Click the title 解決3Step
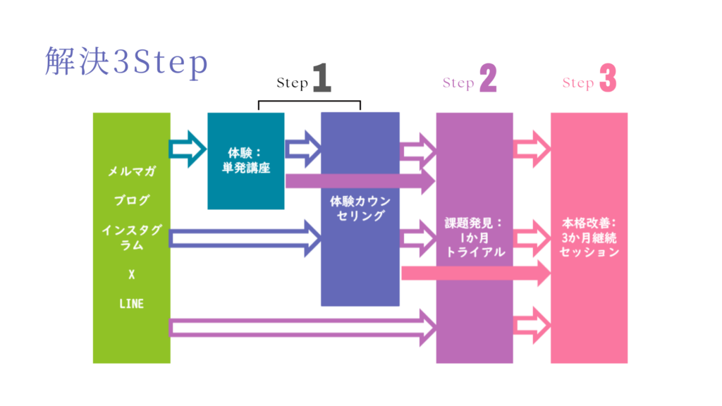click(x=126, y=63)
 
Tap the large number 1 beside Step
click(x=322, y=80)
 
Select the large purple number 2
click(x=488, y=80)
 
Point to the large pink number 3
click(x=607, y=80)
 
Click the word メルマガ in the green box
click(x=131, y=171)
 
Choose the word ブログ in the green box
click(x=131, y=200)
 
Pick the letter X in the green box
click(x=131, y=274)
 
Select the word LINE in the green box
click(x=131, y=304)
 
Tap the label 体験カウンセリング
click(x=360, y=208)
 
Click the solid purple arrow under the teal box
click(x=360, y=181)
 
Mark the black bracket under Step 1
click(x=310, y=104)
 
